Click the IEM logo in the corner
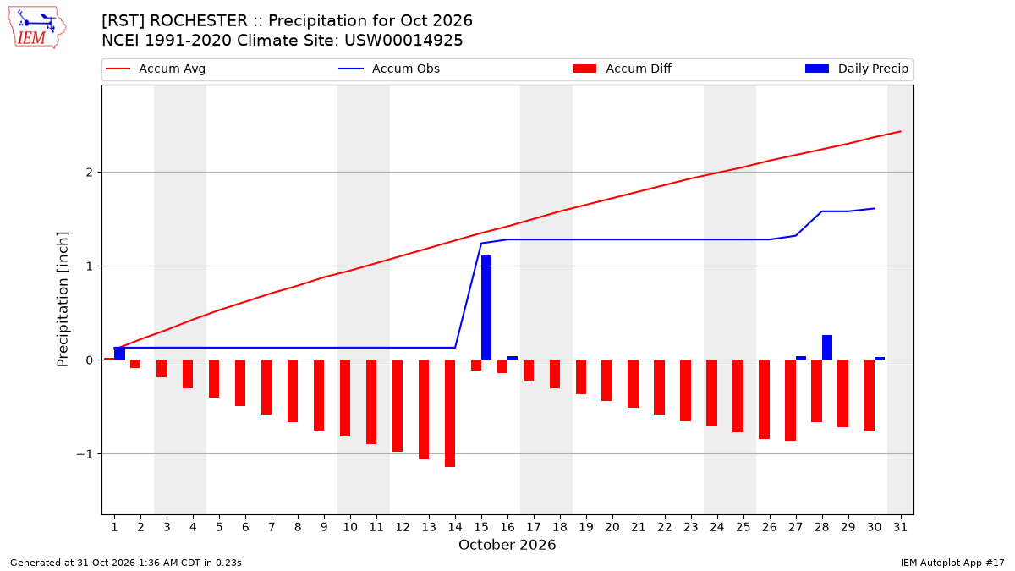(37, 28)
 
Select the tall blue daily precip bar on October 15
(486, 308)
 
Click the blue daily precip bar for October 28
(827, 348)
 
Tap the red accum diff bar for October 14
(450, 414)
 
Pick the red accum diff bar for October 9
(319, 395)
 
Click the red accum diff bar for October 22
(659, 387)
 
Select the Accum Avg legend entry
(156, 69)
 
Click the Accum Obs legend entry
(389, 69)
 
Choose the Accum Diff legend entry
(623, 69)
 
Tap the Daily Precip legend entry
(856, 69)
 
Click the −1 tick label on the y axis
(85, 454)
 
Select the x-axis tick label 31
(900, 527)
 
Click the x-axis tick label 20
(612, 527)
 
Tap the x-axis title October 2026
(507, 545)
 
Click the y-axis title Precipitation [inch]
(63, 299)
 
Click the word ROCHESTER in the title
(199, 21)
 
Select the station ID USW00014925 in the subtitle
(403, 41)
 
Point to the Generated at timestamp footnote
(126, 563)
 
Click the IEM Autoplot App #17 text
(952, 563)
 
